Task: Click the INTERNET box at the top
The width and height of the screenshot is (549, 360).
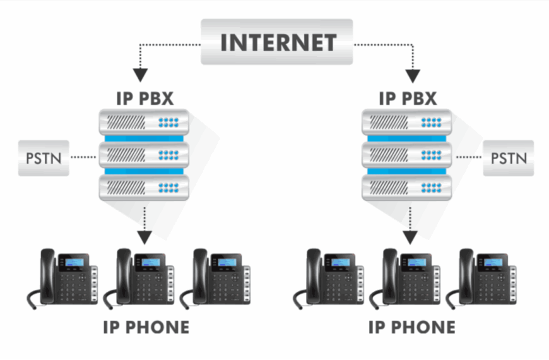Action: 278,42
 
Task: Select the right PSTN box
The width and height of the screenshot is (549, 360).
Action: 509,157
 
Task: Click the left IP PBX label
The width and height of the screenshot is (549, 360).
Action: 145,99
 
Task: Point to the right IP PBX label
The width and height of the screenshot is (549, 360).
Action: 408,99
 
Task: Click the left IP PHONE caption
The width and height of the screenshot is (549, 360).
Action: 146,327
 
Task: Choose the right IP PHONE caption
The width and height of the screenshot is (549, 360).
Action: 411,327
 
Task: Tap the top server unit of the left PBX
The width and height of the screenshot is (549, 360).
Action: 144,121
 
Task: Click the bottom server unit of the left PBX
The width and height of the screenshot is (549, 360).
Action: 144,186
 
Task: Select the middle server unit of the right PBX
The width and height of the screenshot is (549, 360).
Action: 407,153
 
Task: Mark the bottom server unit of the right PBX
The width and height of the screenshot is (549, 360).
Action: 407,186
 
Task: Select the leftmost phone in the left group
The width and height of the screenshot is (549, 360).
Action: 63,277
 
